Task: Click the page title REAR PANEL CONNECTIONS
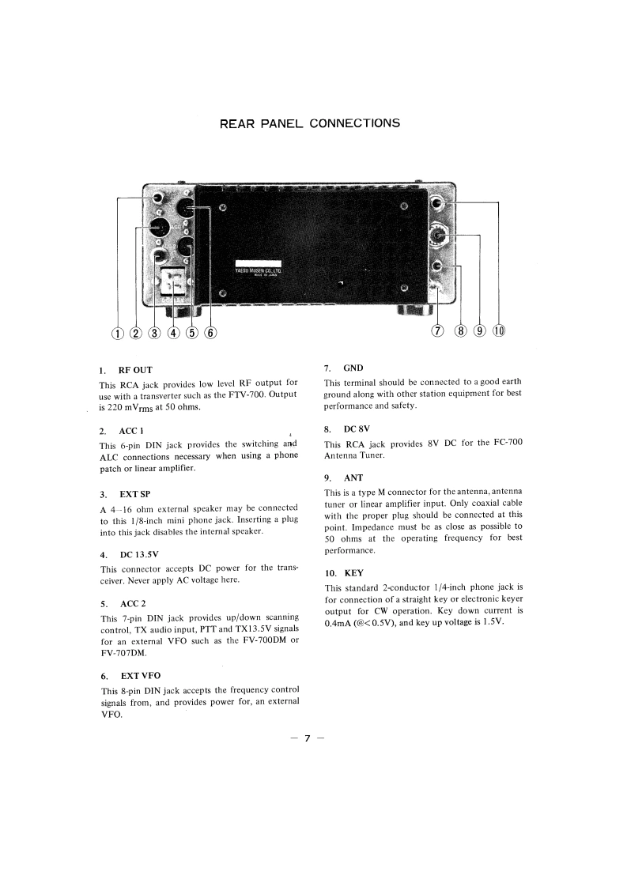[309, 123]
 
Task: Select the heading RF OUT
[135, 370]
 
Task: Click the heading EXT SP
[134, 494]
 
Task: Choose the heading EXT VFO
[140, 676]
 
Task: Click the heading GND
[353, 368]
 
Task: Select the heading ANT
[353, 478]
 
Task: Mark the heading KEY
[354, 573]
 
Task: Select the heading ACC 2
[133, 603]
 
